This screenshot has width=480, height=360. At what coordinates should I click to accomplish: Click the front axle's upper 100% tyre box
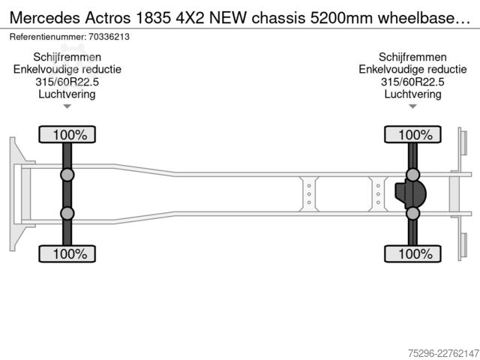pyautogui.click(x=67, y=134)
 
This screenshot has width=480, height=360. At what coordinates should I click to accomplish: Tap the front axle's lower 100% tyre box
pyautogui.click(x=67, y=253)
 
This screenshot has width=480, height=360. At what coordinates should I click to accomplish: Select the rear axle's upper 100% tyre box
pyautogui.click(x=412, y=134)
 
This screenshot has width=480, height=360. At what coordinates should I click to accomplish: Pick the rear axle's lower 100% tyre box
pyautogui.click(x=412, y=253)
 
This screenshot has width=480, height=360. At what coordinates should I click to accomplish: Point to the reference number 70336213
pyautogui.click(x=109, y=37)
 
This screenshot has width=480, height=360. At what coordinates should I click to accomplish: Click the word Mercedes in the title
pyautogui.click(x=45, y=18)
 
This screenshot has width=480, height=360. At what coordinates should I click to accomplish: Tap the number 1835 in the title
pyautogui.click(x=153, y=18)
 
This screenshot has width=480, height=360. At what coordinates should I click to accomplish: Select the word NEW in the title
pyautogui.click(x=228, y=18)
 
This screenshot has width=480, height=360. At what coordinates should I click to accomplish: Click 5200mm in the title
pyautogui.click(x=341, y=18)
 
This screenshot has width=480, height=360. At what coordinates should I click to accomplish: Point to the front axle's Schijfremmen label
pyautogui.click(x=67, y=57)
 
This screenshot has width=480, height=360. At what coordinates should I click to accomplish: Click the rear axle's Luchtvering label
pyautogui.click(x=412, y=94)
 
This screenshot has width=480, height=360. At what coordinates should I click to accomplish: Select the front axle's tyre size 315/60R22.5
pyautogui.click(x=67, y=82)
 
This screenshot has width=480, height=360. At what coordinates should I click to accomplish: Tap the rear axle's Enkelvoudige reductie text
pyautogui.click(x=412, y=70)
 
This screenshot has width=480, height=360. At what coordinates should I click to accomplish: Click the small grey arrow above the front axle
pyautogui.click(x=67, y=106)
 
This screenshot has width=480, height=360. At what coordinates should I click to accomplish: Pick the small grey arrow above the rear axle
pyautogui.click(x=412, y=106)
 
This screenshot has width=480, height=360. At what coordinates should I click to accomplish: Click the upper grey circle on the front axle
pyautogui.click(x=67, y=175)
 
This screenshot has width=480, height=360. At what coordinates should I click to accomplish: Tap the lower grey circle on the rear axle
pyautogui.click(x=412, y=213)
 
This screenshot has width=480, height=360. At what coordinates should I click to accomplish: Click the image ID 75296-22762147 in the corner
pyautogui.click(x=443, y=353)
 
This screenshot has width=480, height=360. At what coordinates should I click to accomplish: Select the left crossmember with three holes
pyautogui.click(x=309, y=194)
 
